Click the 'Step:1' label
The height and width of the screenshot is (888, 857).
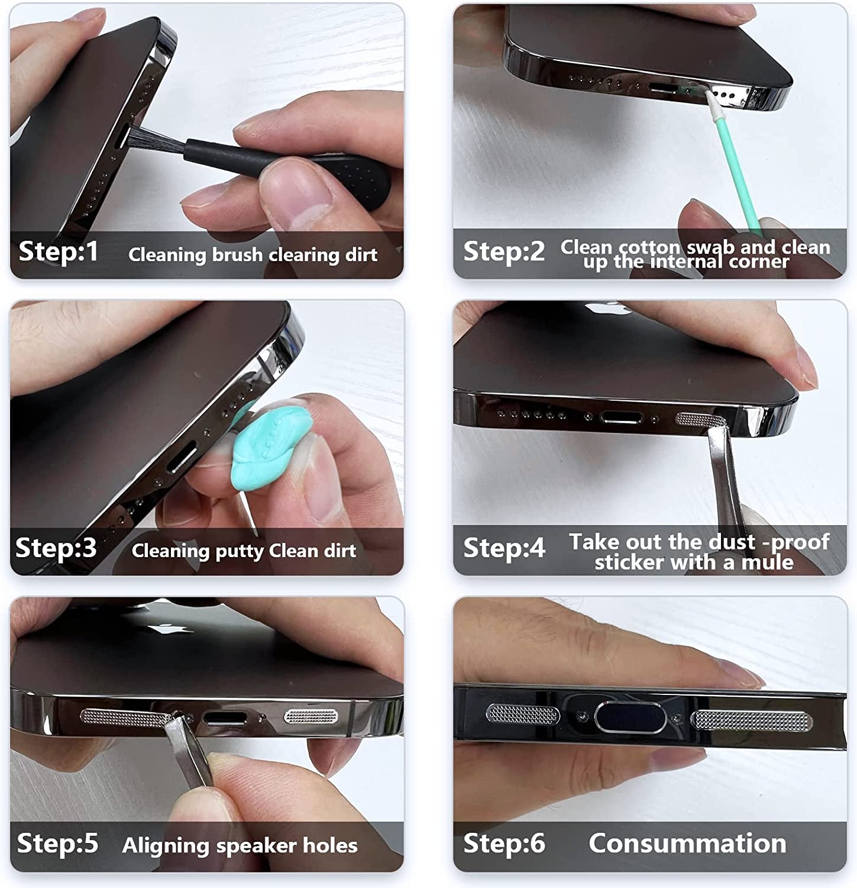pos(59,252)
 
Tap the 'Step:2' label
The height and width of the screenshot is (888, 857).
pos(504,251)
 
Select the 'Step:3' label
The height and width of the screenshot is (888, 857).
pos(56,548)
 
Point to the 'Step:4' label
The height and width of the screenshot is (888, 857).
pos(504,548)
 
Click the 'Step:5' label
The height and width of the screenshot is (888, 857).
pos(57,843)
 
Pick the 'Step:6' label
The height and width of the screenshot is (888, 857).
pos(504,843)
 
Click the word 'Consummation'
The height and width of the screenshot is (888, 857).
pos(687,843)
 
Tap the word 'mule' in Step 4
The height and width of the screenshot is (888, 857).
pos(767,562)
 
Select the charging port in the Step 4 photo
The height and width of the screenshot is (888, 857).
pos(621,417)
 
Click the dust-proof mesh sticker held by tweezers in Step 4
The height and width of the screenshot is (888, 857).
pos(698,419)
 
